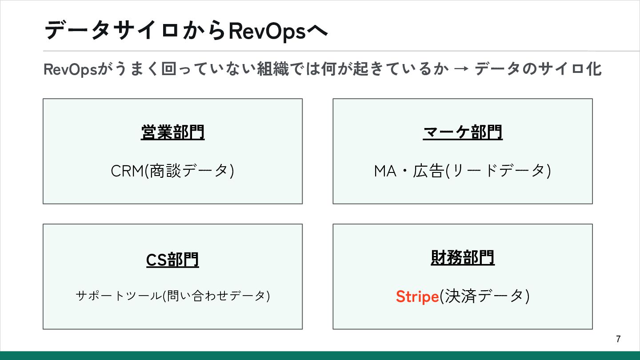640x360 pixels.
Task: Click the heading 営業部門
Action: pos(172,132)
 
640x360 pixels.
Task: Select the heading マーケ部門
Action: pos(462,132)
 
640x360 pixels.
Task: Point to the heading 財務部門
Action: pos(462,258)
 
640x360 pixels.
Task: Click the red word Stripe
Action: pos(417,296)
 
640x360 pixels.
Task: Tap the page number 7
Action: pos(618,339)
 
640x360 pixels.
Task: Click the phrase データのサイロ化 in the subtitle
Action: pos(538,70)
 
